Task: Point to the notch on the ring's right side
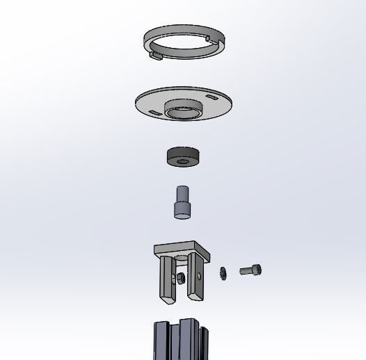point(209,35)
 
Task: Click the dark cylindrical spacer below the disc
point(183,156)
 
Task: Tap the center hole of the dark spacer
point(183,161)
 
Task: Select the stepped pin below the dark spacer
point(182,203)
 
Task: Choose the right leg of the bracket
point(197,278)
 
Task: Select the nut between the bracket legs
point(180,279)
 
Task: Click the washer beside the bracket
point(223,273)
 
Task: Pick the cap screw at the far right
point(251,270)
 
